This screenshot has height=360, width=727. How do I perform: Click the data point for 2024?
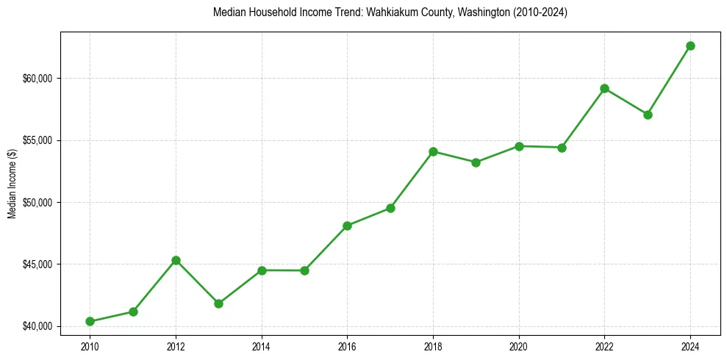(x=690, y=46)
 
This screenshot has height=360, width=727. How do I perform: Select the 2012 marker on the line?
(x=176, y=260)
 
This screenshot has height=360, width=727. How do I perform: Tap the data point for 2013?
(x=218, y=303)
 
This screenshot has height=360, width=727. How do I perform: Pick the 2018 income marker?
(x=433, y=151)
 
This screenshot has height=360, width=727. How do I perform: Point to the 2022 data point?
(x=604, y=88)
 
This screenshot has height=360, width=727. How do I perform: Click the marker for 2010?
(x=90, y=321)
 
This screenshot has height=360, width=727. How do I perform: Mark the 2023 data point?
(x=648, y=115)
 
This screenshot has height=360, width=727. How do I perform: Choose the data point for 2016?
(x=347, y=226)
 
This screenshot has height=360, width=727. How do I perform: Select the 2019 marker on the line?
(x=476, y=162)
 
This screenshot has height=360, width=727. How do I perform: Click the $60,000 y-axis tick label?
(x=41, y=79)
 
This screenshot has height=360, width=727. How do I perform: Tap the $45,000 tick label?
(x=41, y=264)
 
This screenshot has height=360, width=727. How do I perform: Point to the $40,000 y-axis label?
(x=41, y=326)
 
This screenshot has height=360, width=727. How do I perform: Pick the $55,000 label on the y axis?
(x=41, y=140)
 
